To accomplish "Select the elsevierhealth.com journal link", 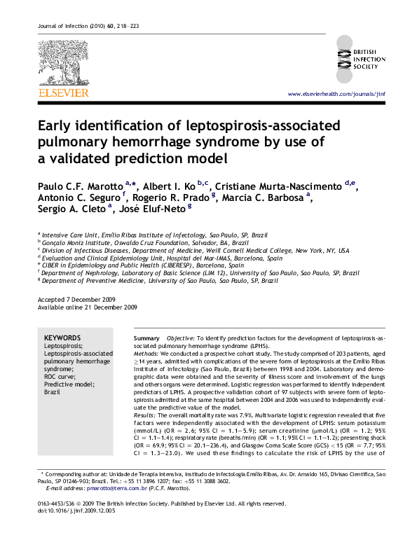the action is click(336, 94).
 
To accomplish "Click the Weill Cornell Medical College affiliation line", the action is click(196, 250).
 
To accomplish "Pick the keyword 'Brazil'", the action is click(53, 391).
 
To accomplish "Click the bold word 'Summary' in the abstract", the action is click(146, 338).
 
